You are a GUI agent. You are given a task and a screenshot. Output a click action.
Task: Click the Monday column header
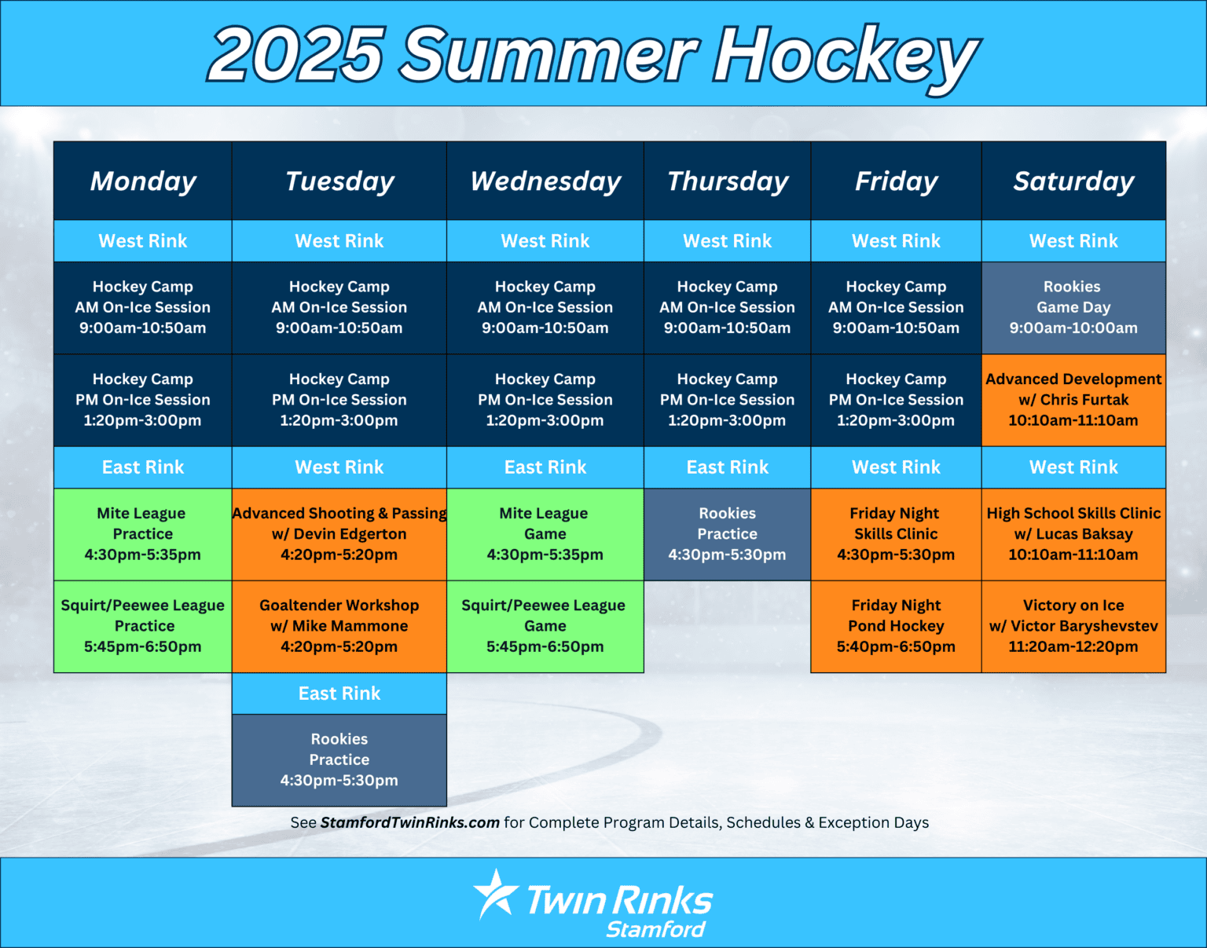click(x=143, y=181)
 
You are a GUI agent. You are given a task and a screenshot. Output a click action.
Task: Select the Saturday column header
click(x=1073, y=181)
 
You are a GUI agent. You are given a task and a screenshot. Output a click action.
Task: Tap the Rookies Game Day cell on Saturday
click(x=1073, y=307)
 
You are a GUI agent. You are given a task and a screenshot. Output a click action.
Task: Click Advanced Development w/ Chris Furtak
click(x=1073, y=400)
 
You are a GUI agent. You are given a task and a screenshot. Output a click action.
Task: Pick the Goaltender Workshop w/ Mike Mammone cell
click(x=339, y=626)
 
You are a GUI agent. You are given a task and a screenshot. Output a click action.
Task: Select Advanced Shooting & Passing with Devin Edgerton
click(x=339, y=534)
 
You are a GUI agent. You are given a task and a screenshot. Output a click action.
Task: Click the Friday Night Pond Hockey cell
click(x=896, y=626)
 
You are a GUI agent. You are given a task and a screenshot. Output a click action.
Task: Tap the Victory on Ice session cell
click(x=1073, y=626)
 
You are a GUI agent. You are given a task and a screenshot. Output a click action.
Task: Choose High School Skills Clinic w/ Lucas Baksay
click(x=1073, y=534)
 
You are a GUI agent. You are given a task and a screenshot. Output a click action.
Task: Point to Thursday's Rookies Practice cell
click(x=727, y=534)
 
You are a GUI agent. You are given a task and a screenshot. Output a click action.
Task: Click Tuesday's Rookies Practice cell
click(x=339, y=759)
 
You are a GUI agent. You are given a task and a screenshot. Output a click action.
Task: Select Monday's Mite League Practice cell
click(x=143, y=534)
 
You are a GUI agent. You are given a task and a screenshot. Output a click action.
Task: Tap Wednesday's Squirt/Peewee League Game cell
click(x=545, y=626)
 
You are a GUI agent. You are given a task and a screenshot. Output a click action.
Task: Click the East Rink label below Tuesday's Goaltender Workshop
click(x=339, y=694)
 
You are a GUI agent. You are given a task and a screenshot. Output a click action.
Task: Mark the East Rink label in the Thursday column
click(x=727, y=467)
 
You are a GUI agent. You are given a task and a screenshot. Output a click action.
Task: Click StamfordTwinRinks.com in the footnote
click(x=409, y=822)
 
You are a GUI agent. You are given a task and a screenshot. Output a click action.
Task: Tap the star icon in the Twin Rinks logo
click(x=495, y=894)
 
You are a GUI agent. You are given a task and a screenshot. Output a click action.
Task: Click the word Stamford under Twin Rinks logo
click(x=655, y=930)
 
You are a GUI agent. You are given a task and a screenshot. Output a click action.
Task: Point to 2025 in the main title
click(x=297, y=55)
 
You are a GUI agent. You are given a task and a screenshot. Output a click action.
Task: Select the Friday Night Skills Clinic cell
click(x=896, y=534)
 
